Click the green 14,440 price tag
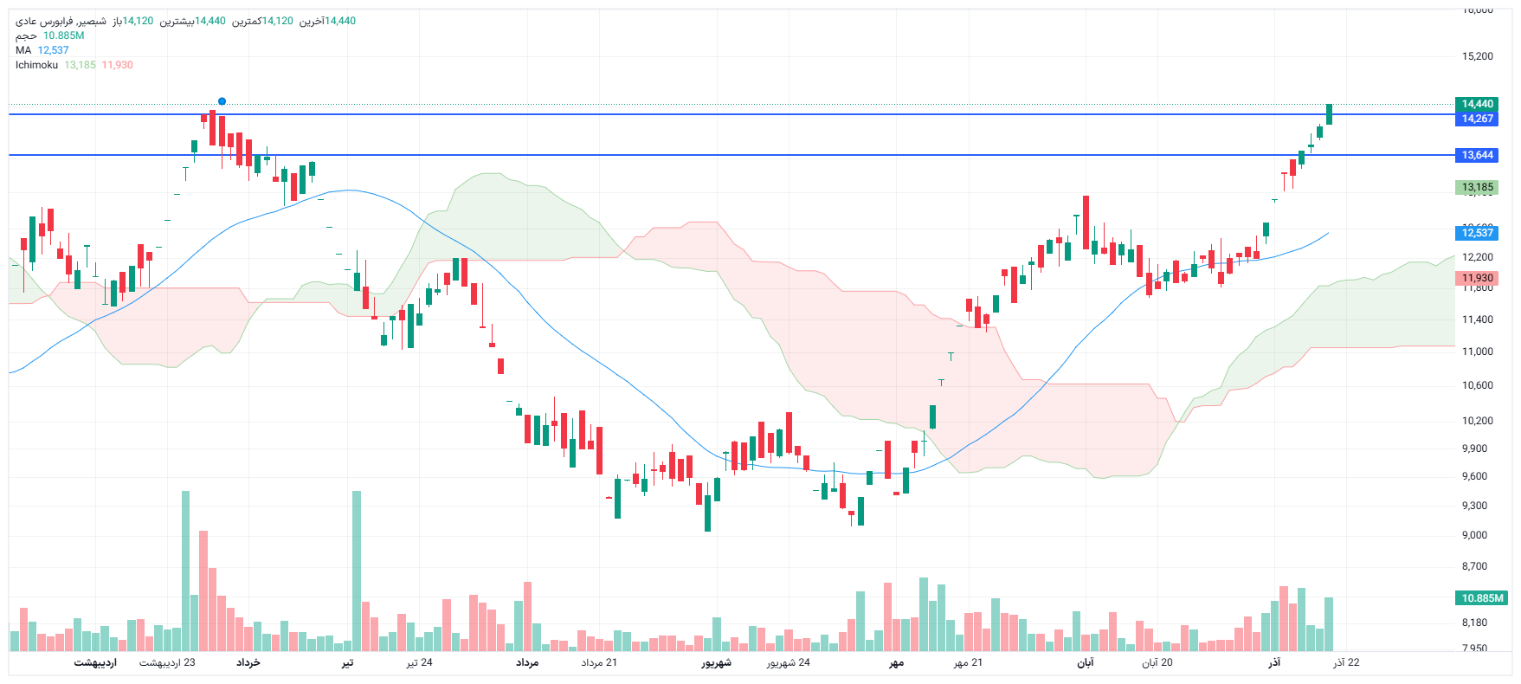tap(1477, 104)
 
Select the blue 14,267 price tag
tap(1477, 119)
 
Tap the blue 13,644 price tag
tap(1477, 155)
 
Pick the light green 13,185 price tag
tap(1477, 187)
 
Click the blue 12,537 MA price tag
tap(1477, 233)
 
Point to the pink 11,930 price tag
tap(1477, 278)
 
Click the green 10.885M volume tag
tap(1482, 598)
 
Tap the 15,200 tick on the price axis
tap(1477, 56)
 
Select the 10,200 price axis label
tap(1477, 421)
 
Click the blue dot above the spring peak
tap(222, 101)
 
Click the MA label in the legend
tap(23, 50)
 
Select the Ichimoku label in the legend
tap(36, 65)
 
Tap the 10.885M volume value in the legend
tap(64, 35)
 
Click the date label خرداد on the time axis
tap(248, 662)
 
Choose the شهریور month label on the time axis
tap(716, 662)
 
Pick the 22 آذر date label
tap(1346, 662)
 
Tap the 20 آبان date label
tap(1157, 662)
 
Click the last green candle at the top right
tap(1329, 113)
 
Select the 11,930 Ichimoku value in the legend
tap(118, 65)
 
